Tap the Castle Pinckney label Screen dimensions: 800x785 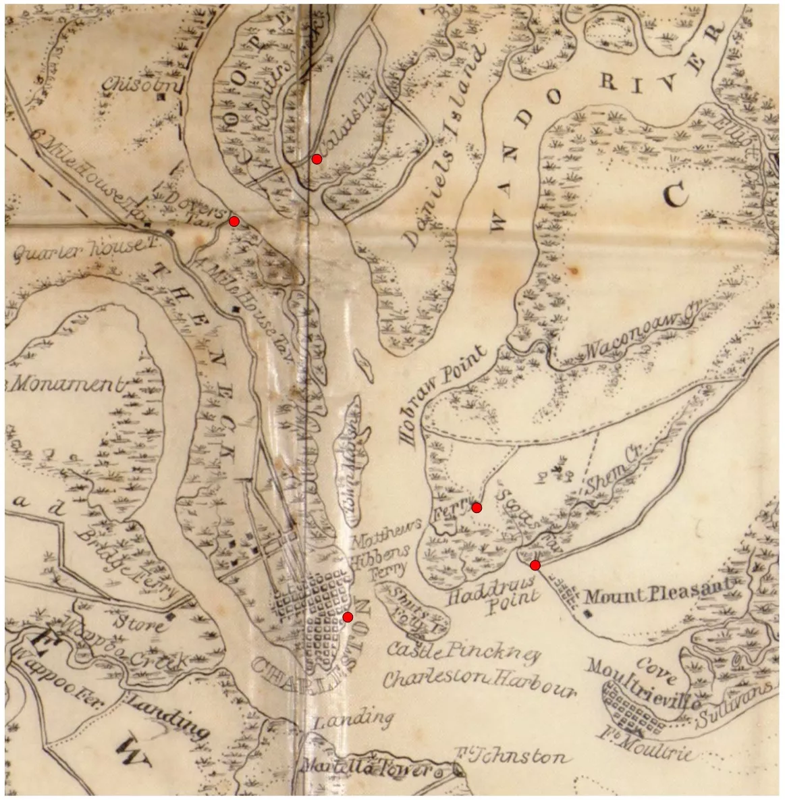click(464, 652)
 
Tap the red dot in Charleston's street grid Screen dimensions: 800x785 click(348, 617)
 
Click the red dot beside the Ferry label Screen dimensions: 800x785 click(477, 508)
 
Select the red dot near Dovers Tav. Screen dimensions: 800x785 click(234, 221)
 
